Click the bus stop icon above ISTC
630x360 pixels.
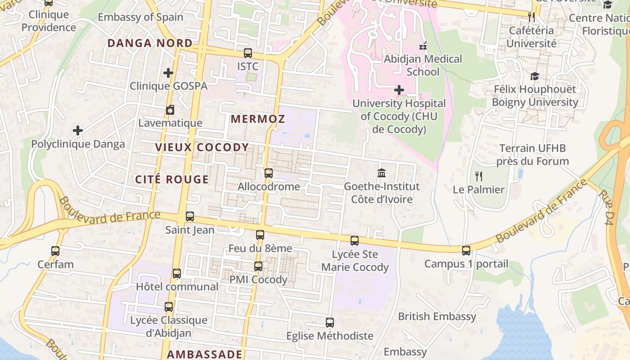pyautogui.click(x=247, y=53)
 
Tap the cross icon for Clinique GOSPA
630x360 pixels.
pyautogui.click(x=168, y=72)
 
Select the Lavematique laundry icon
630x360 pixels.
pyautogui.click(x=170, y=110)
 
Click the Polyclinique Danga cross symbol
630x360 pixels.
pyautogui.click(x=78, y=131)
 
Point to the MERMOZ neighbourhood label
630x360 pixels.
pyautogui.click(x=258, y=119)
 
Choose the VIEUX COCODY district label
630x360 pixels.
pyautogui.click(x=202, y=147)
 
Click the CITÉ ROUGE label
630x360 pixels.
pyautogui.click(x=172, y=180)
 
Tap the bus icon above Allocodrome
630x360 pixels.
pyautogui.click(x=268, y=173)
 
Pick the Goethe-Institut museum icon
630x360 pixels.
pyautogui.click(x=382, y=173)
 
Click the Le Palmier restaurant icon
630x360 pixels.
pyautogui.click(x=479, y=176)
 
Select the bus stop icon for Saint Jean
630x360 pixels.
pyautogui.click(x=190, y=216)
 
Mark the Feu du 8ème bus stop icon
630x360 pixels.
pyautogui.click(x=260, y=235)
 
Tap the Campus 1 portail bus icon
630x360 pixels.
pyautogui.click(x=466, y=251)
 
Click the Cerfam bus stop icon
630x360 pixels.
pyautogui.click(x=55, y=251)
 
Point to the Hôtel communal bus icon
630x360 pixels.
pyautogui.click(x=177, y=274)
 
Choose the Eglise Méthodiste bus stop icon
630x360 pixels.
pyautogui.click(x=330, y=323)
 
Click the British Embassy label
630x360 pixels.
pyautogui.click(x=436, y=316)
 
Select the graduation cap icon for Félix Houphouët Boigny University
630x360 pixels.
pyautogui.click(x=535, y=76)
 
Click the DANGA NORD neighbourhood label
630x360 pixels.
pyautogui.click(x=150, y=43)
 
